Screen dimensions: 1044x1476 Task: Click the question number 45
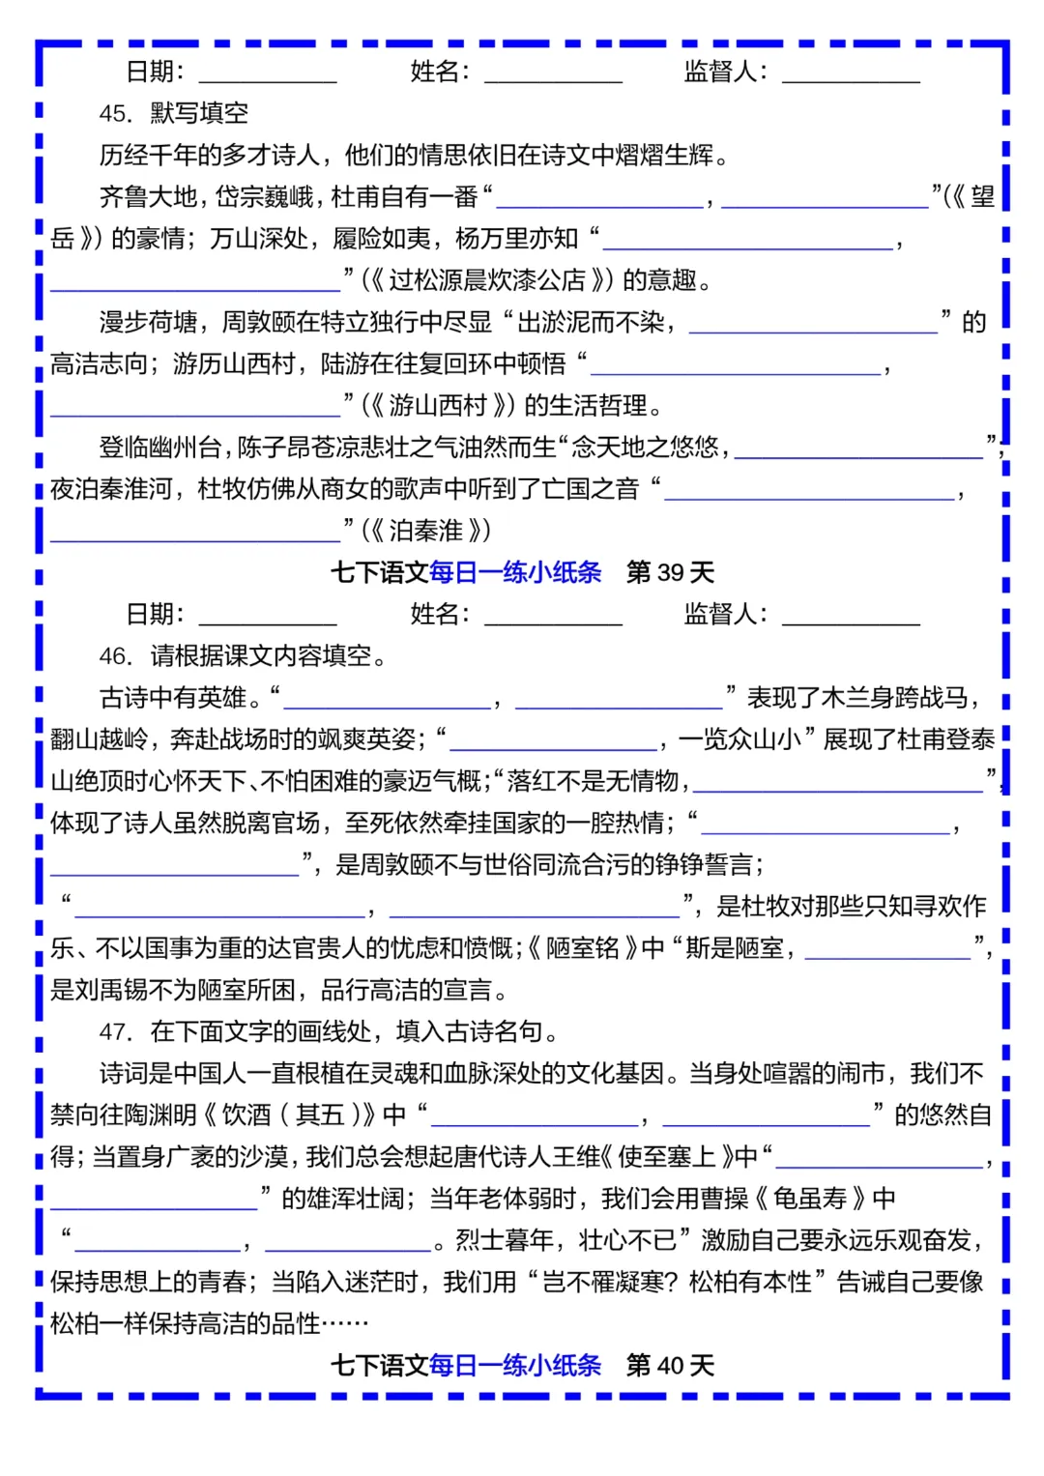(x=115, y=114)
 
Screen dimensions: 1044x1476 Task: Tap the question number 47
(x=115, y=1032)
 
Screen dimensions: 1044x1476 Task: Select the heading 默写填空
(x=199, y=114)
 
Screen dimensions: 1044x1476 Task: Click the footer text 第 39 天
(x=670, y=572)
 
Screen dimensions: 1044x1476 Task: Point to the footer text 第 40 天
(x=670, y=1365)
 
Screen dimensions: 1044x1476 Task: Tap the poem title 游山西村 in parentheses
(x=438, y=405)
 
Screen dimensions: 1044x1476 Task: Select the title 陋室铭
(x=583, y=948)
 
